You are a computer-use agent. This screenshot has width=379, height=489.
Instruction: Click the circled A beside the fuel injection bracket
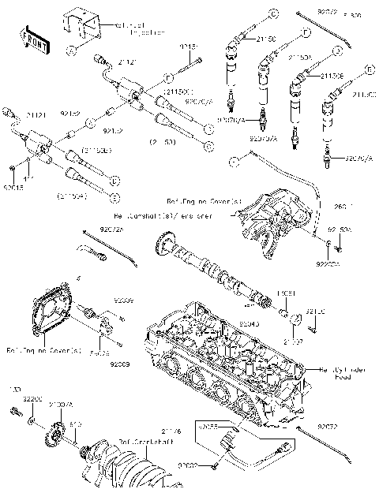point(71,50)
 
